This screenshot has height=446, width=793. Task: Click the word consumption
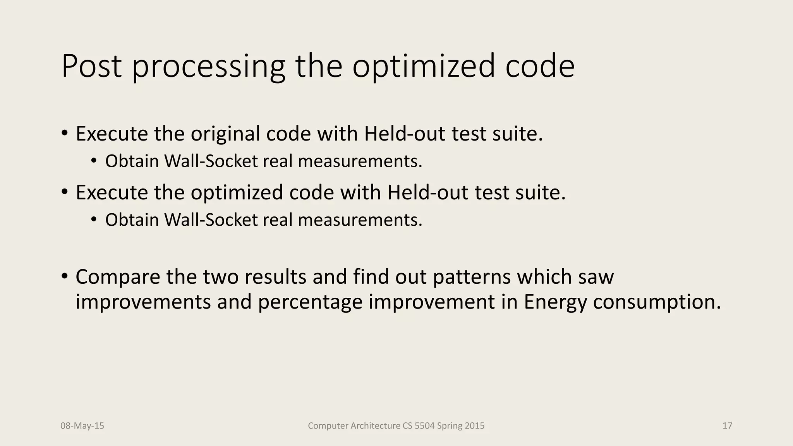[x=657, y=302]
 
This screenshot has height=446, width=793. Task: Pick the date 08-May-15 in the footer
[x=82, y=426]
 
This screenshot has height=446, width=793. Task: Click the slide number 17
[x=727, y=426]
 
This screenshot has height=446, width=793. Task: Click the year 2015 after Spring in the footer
[x=475, y=426]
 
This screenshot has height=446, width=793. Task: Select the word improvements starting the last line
[x=143, y=302]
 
